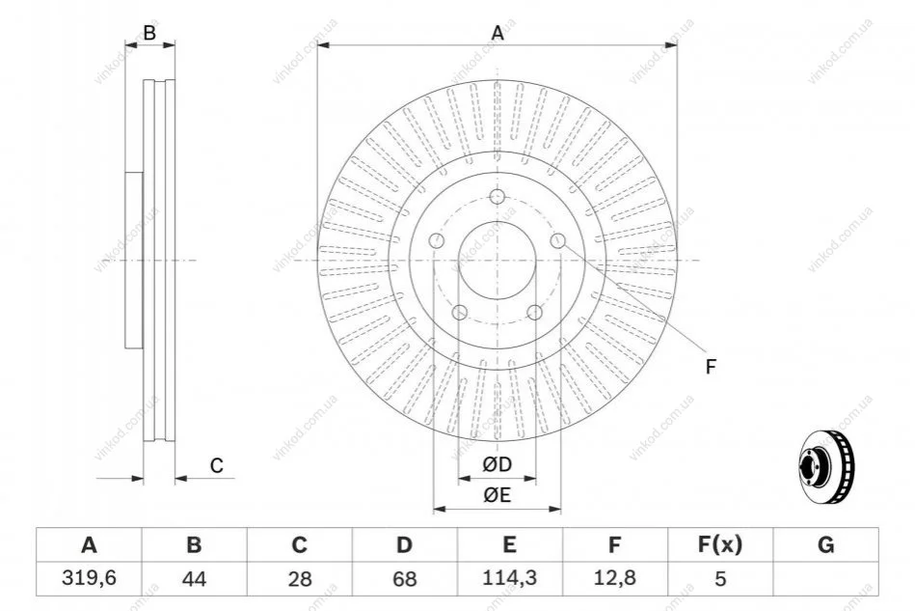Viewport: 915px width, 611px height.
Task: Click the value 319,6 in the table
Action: coord(89,578)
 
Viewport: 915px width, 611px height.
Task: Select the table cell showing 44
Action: coord(194,578)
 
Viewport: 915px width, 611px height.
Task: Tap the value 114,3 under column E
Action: coord(509,578)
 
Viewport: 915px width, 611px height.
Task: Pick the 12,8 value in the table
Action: coord(614,578)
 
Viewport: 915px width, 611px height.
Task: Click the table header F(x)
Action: coord(720,545)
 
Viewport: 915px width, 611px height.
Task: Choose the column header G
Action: coord(825,545)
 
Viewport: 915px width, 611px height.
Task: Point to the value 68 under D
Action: coord(404,579)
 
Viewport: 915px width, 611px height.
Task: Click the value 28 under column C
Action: coord(299,579)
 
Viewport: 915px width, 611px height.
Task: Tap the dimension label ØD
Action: coord(498,464)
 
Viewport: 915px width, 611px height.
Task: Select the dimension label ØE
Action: coord(498,495)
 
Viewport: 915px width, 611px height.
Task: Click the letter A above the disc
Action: coord(498,33)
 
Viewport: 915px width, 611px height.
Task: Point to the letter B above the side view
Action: coord(149,33)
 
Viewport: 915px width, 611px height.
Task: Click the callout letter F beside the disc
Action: coord(711,367)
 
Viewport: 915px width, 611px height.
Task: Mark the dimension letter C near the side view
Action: coord(217,466)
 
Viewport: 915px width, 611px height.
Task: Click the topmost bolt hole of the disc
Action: coord(498,196)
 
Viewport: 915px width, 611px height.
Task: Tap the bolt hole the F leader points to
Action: coord(558,240)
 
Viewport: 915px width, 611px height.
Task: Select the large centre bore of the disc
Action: coord(498,261)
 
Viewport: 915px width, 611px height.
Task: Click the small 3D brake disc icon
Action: coord(826,467)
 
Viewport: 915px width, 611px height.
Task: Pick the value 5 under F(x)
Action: coord(720,579)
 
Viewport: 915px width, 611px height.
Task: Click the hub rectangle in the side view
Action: coord(134,261)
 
